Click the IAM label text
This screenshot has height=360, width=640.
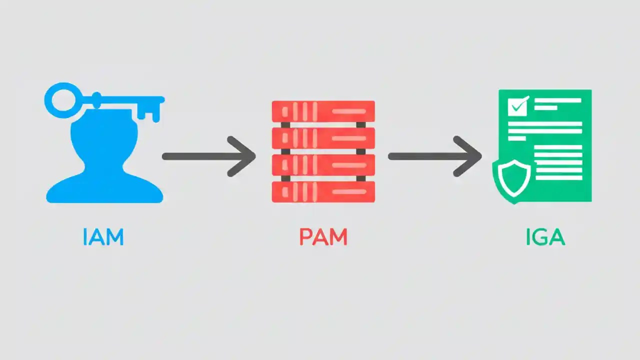103,237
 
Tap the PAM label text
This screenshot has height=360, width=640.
323,237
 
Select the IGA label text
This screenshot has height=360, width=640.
545,237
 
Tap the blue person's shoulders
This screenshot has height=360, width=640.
104,190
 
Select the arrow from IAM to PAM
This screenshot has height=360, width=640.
207,156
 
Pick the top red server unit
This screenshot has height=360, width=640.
323,111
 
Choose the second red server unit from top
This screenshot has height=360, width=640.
323,138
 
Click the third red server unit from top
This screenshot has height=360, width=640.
323,164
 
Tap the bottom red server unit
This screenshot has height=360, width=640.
323,191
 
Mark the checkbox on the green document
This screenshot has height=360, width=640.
517,106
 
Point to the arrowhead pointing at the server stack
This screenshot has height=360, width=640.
244,156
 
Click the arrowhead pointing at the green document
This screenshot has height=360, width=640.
470,156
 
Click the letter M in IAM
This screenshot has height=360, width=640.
113,237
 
